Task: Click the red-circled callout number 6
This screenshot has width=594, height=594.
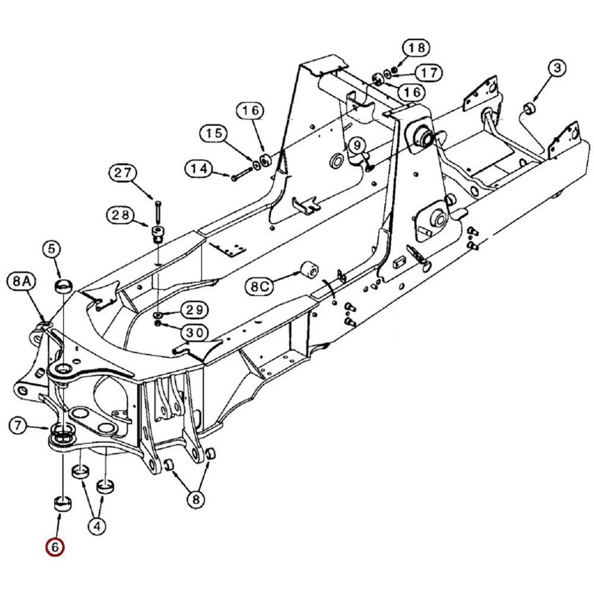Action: [55, 547]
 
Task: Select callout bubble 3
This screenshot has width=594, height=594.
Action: [557, 68]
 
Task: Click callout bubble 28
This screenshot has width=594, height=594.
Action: [121, 214]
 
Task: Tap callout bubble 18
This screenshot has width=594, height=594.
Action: [416, 47]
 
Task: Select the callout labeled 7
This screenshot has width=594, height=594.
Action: [19, 425]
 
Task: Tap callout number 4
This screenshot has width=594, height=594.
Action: [97, 525]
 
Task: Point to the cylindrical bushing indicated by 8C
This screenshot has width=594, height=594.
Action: [308, 270]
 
